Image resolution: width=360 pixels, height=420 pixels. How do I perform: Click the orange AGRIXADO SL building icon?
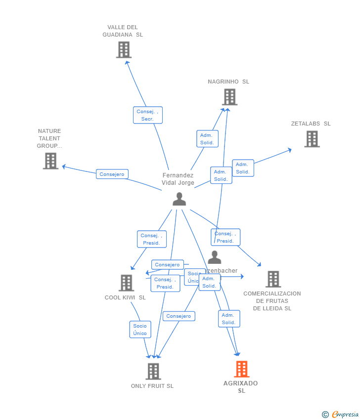click(241, 369)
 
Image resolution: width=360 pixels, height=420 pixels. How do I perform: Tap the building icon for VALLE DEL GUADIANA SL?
click(124, 50)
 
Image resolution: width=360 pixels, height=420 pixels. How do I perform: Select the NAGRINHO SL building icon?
click(229, 97)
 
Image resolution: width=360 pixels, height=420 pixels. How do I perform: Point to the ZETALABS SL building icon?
click(312, 139)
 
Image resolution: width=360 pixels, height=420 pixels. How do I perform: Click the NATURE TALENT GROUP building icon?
click(50, 161)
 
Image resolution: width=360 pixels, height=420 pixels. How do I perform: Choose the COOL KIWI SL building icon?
click(126, 283)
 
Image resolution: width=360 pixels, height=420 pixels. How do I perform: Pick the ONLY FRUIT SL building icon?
click(153, 371)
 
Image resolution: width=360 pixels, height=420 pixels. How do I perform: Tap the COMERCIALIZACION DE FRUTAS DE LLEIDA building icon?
click(272, 279)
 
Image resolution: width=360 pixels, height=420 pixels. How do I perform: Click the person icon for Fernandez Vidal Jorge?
click(179, 199)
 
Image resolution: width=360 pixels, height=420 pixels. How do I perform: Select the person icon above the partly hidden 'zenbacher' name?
click(214, 257)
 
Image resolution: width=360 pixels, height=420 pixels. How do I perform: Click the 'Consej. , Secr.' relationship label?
click(147, 115)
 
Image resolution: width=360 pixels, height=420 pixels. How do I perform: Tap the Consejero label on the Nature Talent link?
click(112, 174)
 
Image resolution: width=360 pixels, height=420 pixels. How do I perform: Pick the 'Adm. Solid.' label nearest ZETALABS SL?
click(242, 168)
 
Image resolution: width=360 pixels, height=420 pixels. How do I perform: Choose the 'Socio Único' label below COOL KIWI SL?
click(140, 330)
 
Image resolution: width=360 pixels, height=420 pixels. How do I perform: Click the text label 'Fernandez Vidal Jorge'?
click(178, 179)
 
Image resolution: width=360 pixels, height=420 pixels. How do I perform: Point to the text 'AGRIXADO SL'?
click(241, 387)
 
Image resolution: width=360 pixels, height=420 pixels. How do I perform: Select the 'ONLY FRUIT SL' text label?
click(152, 386)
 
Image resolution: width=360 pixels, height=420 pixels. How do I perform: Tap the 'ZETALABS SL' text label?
click(311, 124)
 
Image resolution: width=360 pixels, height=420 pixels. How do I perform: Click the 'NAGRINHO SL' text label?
click(228, 82)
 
